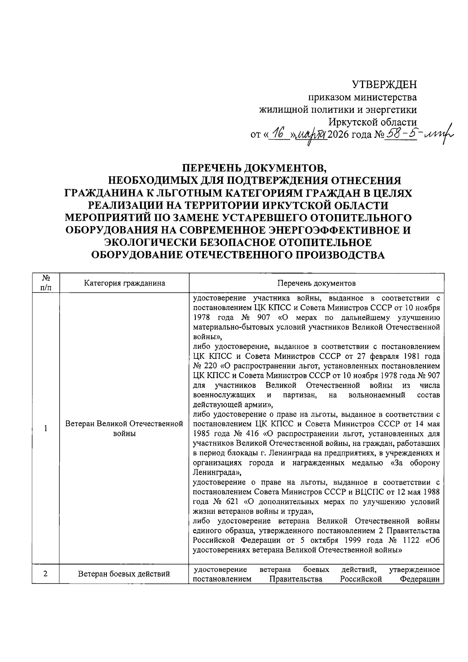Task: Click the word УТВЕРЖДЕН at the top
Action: (384, 85)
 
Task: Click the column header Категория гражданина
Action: (124, 283)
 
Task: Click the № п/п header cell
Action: (46, 283)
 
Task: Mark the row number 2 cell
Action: (46, 574)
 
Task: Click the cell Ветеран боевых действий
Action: (124, 574)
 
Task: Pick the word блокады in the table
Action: (243, 453)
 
